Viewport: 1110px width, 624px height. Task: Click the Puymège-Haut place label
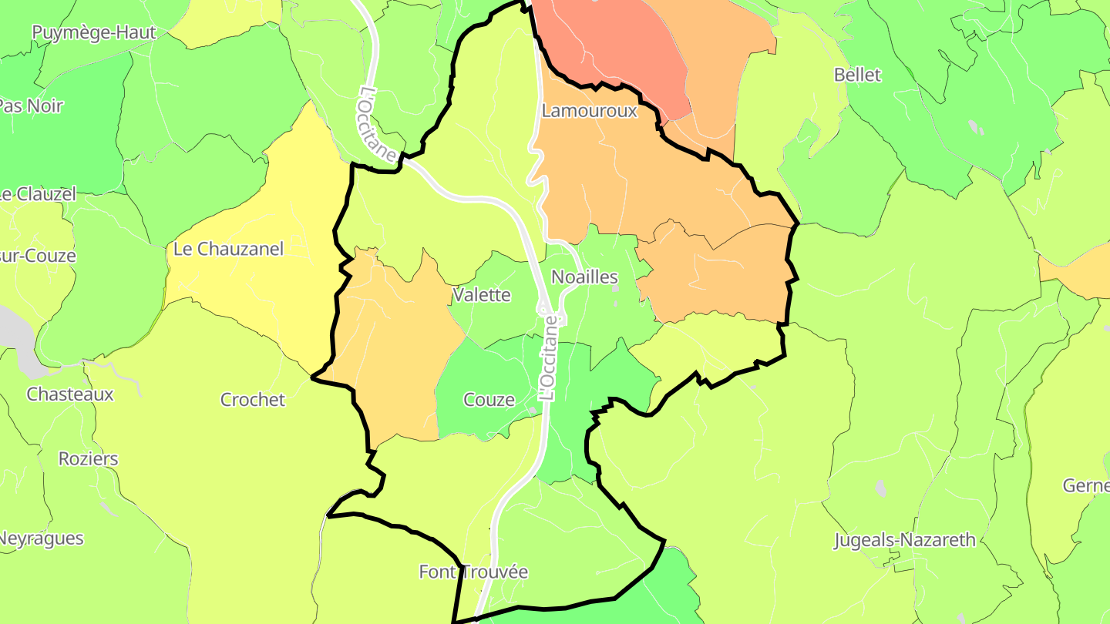coord(93,32)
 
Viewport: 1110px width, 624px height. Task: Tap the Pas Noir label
coord(31,106)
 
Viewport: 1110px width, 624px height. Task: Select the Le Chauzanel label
coord(228,249)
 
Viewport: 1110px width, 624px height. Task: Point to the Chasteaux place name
coord(70,394)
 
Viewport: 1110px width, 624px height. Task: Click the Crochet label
coord(253,400)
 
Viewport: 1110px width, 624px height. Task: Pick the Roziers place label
coord(89,459)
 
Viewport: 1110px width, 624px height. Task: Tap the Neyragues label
coord(41,538)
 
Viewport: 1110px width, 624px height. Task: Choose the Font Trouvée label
coord(473,572)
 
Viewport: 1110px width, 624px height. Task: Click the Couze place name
coord(489,399)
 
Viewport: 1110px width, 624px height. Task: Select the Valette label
coord(482,294)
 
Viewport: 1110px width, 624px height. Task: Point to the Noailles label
coord(585,277)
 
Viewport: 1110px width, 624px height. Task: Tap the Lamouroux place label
coord(590,110)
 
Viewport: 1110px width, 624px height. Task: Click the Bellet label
coord(857,75)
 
